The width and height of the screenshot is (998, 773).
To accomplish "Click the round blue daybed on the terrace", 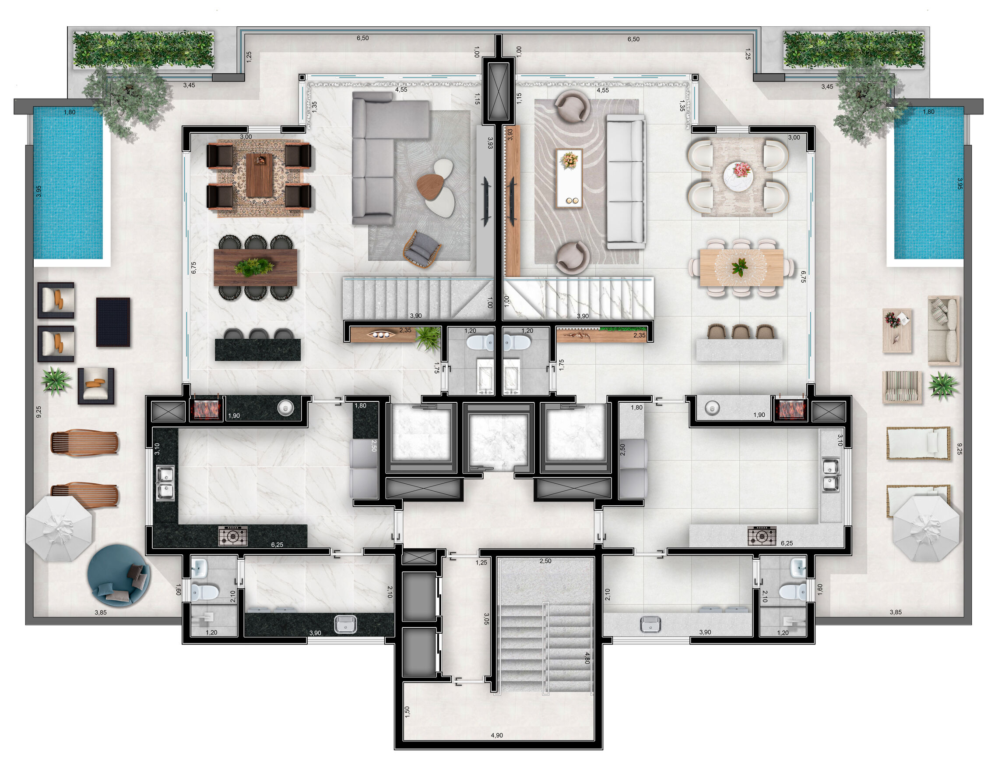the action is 119,575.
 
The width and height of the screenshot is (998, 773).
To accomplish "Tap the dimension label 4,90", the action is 497,735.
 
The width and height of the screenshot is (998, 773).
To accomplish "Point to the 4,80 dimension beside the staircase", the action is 587,658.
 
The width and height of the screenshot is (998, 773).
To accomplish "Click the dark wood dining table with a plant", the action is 256,267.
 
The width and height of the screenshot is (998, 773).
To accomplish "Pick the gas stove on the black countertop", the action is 233,535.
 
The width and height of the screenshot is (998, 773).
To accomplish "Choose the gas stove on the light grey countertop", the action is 762,535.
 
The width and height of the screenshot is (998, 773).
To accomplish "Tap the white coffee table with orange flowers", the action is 569,178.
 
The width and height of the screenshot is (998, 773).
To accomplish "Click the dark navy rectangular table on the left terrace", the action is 113,322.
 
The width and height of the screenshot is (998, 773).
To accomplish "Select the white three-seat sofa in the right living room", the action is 626,182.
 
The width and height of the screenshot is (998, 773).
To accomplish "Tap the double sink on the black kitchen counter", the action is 165,483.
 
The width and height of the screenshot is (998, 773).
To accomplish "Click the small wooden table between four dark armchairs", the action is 259,176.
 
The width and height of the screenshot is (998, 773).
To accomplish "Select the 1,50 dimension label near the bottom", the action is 407,712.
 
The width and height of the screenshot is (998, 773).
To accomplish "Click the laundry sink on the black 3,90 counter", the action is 345,624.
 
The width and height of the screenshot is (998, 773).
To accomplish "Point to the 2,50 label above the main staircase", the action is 545,561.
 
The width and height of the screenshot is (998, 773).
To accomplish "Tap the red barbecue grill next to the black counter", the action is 207,408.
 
